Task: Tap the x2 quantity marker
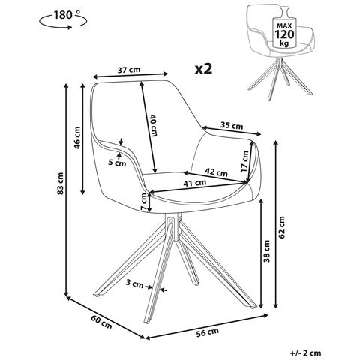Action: tap(203, 68)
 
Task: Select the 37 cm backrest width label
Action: tap(129, 70)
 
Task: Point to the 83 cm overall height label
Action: tap(61, 183)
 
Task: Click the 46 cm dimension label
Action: tap(77, 138)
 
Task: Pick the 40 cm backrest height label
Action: tap(153, 125)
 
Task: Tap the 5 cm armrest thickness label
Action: tap(117, 163)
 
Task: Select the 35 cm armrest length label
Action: tap(232, 125)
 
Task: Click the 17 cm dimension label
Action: tap(244, 161)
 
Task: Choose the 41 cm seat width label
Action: tap(195, 183)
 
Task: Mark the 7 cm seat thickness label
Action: tap(143, 202)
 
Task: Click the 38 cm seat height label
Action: tap(267, 251)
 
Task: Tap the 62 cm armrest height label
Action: tap(281, 227)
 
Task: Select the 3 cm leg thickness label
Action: tap(134, 283)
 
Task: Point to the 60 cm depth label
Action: tap(101, 322)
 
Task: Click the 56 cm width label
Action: tap(207, 332)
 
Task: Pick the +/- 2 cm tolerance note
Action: tap(305, 353)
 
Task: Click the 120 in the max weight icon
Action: tap(284, 34)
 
